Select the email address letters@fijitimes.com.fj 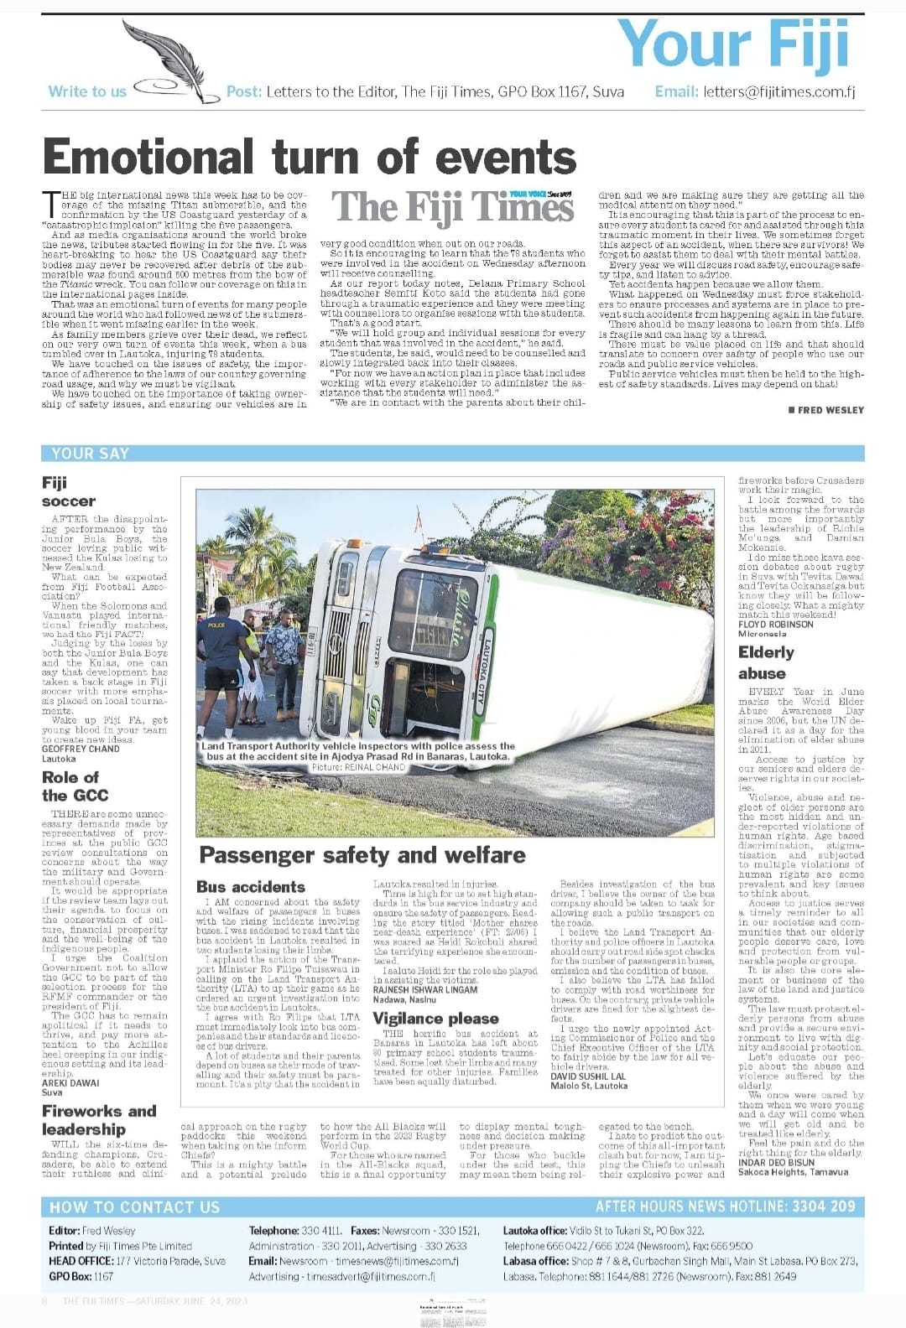point(779,91)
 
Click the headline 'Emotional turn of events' point(309,157)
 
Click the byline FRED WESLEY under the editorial point(825,410)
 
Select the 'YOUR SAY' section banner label point(90,454)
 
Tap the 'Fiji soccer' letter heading point(69,491)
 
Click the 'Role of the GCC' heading point(75,786)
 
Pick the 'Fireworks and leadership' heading point(99,1119)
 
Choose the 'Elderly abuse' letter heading point(766,661)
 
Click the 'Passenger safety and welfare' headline point(362,855)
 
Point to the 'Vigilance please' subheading point(435,1018)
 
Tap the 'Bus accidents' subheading point(251,886)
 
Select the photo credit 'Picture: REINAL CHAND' point(358,767)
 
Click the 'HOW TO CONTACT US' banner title point(134,1207)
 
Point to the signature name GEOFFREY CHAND point(81,749)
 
